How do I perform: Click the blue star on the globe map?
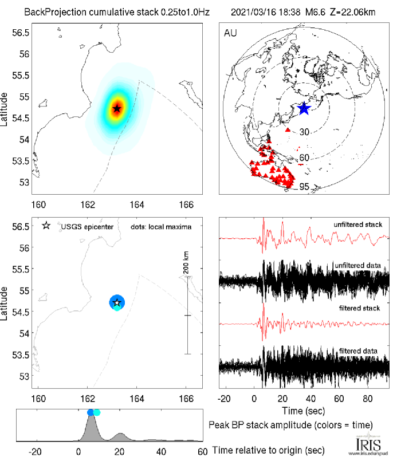coord(304,108)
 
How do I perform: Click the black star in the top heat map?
coord(117,108)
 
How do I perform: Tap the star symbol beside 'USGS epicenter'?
coord(46,226)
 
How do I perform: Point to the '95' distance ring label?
coord(305,186)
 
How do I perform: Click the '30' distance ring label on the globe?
coord(304,132)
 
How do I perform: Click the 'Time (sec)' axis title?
coord(304,411)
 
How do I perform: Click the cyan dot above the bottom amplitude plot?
coord(97,412)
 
